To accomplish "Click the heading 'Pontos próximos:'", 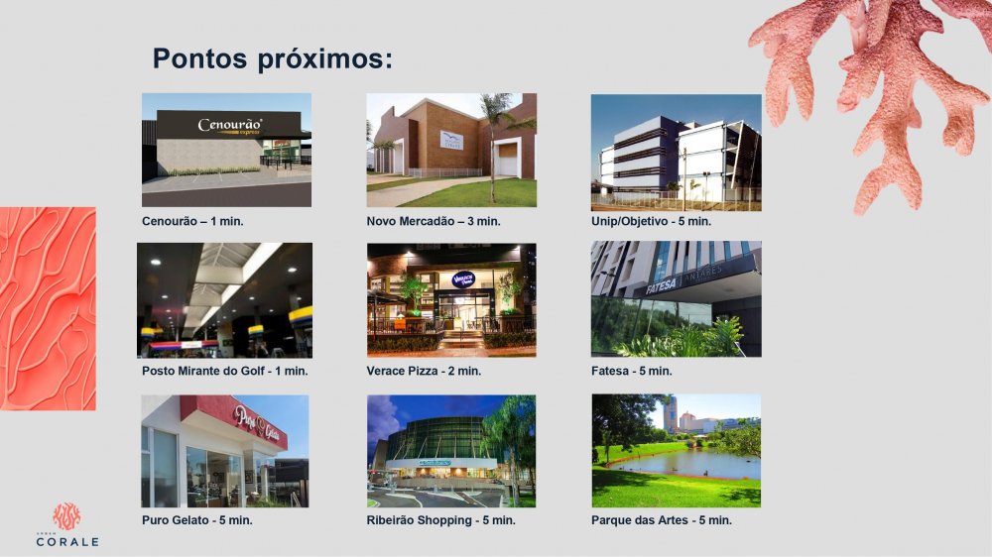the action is pos(273,58).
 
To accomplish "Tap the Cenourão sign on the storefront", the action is pos(230,126).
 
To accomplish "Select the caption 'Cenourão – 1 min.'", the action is pos(192,221).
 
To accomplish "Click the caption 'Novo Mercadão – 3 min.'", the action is pos(434,221).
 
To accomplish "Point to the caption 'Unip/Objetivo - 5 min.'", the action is pos(651,221).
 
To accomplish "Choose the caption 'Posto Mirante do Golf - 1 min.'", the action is pos(224,371).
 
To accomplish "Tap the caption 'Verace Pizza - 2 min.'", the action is pos(424,371).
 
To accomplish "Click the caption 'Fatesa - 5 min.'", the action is pos(631,371).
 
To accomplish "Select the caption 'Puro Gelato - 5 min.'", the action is pos(196,519).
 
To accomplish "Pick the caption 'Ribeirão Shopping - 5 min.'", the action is pos(441,519).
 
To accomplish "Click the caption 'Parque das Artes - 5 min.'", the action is pos(661,519).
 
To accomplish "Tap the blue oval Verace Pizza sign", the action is pos(463,279).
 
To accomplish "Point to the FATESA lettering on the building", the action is pos(661,286).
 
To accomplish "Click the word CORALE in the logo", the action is pos(67,542).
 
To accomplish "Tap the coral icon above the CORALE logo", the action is pos(66,516).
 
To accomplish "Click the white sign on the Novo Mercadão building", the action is pos(451,140).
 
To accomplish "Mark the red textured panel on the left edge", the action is pos(48,308).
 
